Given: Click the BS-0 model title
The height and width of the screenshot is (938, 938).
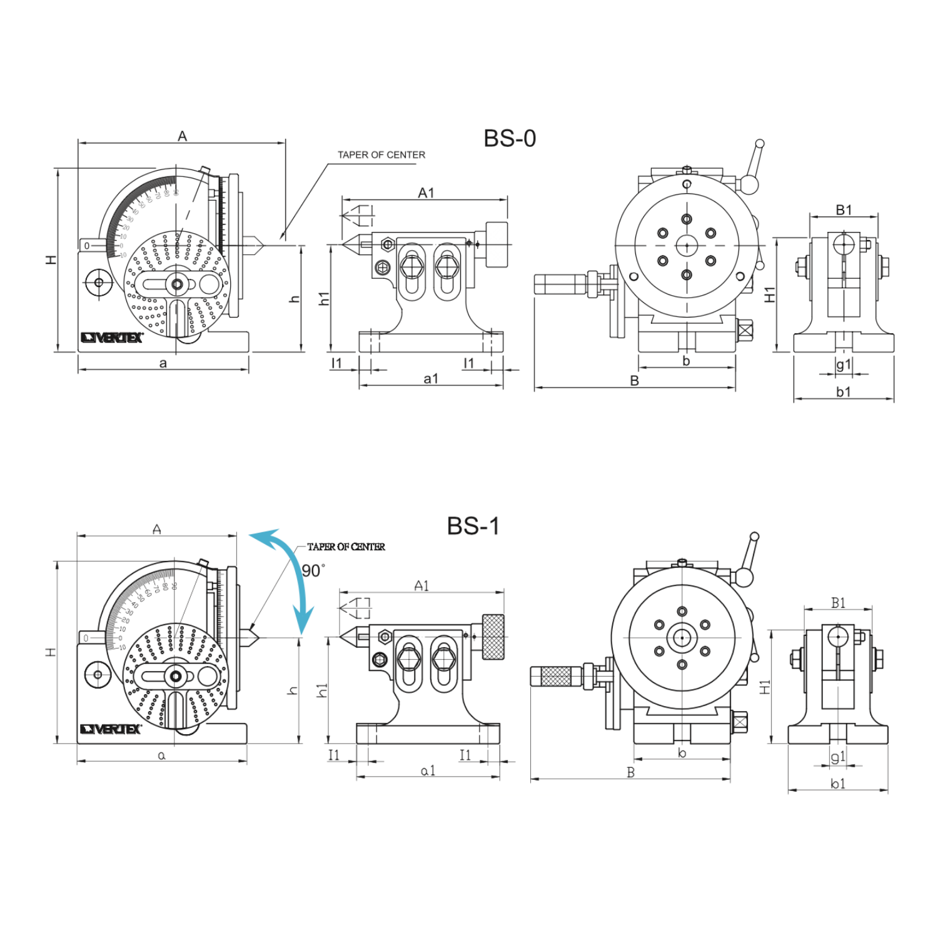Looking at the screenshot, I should pyautogui.click(x=510, y=138).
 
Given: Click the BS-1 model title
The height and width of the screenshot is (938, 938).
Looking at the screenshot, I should pyautogui.click(x=473, y=526).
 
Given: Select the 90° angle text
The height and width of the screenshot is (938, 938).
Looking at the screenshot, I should pyautogui.click(x=312, y=570).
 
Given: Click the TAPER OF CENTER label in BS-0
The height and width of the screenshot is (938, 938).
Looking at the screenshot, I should pyautogui.click(x=381, y=154).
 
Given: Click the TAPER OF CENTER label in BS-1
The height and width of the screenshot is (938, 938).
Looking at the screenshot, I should pyautogui.click(x=346, y=547).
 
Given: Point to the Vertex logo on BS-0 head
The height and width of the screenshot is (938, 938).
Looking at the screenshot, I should pyautogui.click(x=112, y=338).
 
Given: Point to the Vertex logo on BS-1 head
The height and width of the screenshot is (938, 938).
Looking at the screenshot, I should pyautogui.click(x=111, y=729).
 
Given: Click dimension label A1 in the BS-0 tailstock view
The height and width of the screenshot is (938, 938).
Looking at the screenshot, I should pyautogui.click(x=426, y=193).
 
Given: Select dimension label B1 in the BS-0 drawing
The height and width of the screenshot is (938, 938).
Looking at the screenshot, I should pyautogui.click(x=844, y=209).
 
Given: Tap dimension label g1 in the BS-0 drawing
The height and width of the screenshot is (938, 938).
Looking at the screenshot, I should pyautogui.click(x=844, y=364).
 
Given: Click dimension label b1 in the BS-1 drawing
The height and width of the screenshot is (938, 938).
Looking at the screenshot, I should pyautogui.click(x=838, y=784).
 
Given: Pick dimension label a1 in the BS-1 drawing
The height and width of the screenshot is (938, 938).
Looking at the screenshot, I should pyautogui.click(x=428, y=770).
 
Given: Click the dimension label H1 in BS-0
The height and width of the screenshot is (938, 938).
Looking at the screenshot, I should pyautogui.click(x=770, y=294).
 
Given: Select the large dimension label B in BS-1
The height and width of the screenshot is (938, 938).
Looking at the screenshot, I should pyautogui.click(x=631, y=772).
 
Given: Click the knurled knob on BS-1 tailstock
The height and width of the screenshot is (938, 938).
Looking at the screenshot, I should pyautogui.click(x=493, y=637).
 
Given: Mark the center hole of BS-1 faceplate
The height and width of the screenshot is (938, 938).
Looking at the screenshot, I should pyautogui.click(x=682, y=638).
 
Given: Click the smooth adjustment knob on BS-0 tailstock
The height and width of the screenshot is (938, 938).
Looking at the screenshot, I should pyautogui.click(x=497, y=244).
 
